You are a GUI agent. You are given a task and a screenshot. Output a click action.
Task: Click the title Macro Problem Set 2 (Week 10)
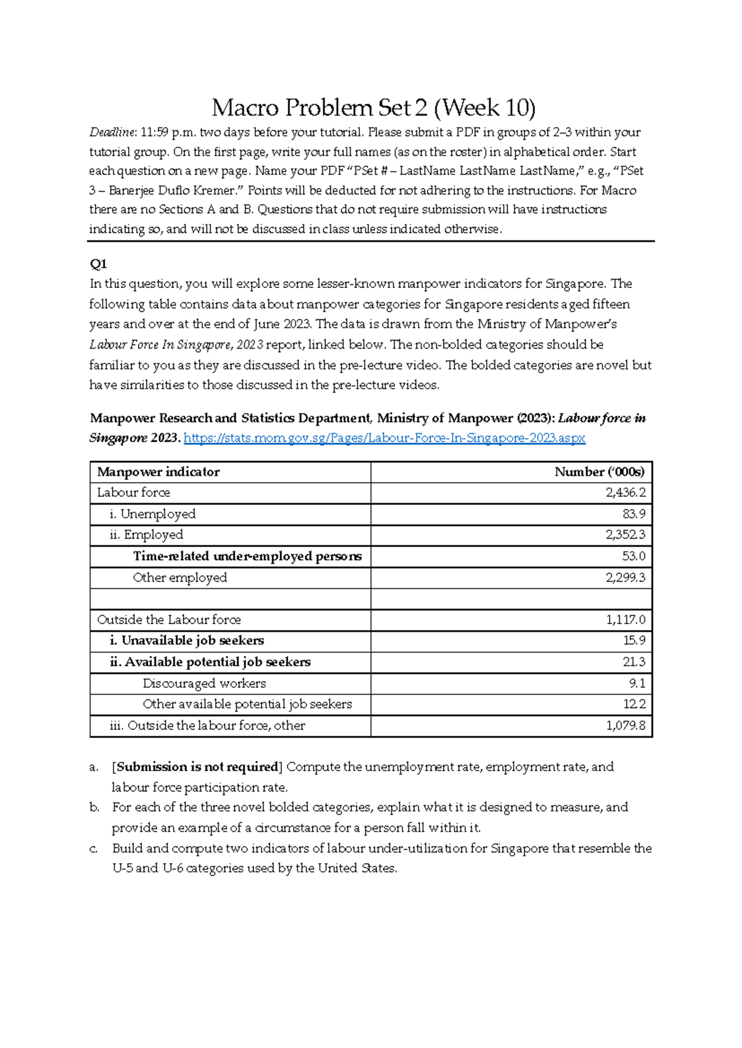373,108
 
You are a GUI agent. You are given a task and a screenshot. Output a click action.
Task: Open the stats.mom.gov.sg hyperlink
385,438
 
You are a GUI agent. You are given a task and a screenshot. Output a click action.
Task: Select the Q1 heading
98,264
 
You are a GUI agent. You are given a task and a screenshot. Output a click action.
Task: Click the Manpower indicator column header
158,472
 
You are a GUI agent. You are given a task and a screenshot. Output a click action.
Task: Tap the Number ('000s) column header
599,472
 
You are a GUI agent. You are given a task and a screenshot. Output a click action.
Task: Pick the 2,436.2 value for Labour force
625,492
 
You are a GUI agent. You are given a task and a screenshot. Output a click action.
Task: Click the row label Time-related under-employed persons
247,556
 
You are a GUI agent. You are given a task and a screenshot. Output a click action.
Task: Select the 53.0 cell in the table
634,556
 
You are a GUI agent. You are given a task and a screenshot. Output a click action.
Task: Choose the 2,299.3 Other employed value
625,578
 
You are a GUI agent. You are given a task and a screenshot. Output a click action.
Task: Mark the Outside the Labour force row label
169,620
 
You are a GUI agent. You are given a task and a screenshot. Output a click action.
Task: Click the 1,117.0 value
626,620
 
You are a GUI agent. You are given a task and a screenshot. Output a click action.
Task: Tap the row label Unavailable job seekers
192,641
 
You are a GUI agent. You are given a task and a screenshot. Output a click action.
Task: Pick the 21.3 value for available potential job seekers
634,662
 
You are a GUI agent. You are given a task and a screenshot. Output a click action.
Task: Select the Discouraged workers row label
204,683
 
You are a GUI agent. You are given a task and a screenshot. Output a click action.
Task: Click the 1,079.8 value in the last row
625,725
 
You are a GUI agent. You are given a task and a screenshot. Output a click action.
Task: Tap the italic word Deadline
112,132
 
